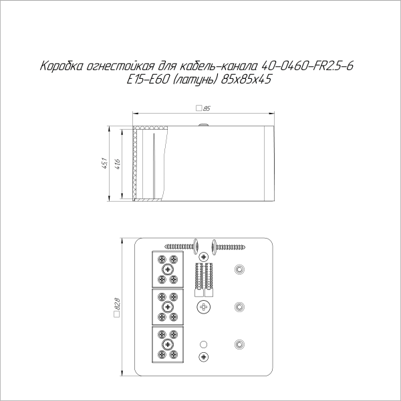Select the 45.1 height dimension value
(105, 162)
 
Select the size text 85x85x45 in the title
(247, 79)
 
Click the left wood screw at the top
(179, 245)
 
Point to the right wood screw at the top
(229, 245)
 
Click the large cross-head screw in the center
(205, 307)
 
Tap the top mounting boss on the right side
(239, 270)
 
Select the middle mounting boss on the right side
(239, 307)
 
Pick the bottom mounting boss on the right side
(239, 344)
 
